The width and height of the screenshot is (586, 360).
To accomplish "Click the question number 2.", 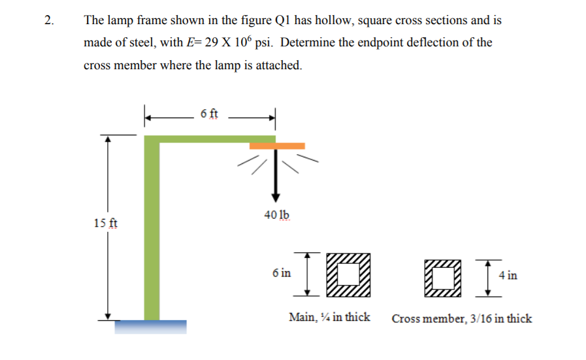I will [x=48, y=20].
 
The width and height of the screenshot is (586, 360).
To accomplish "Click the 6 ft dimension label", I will [x=210, y=114].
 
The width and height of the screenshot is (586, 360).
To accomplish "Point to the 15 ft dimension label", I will [x=106, y=223].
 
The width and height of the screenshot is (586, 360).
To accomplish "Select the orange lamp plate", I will [x=277, y=146].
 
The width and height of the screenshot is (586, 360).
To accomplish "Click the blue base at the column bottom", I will [x=150, y=326].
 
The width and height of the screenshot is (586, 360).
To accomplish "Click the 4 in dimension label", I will [x=508, y=275].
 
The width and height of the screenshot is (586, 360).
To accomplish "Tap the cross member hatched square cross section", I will [x=441, y=277].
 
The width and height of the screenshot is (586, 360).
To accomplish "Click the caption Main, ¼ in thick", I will [x=329, y=318].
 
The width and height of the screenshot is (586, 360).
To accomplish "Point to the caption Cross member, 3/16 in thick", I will [x=461, y=319].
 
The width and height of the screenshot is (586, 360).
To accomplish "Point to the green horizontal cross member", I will [x=209, y=139].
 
